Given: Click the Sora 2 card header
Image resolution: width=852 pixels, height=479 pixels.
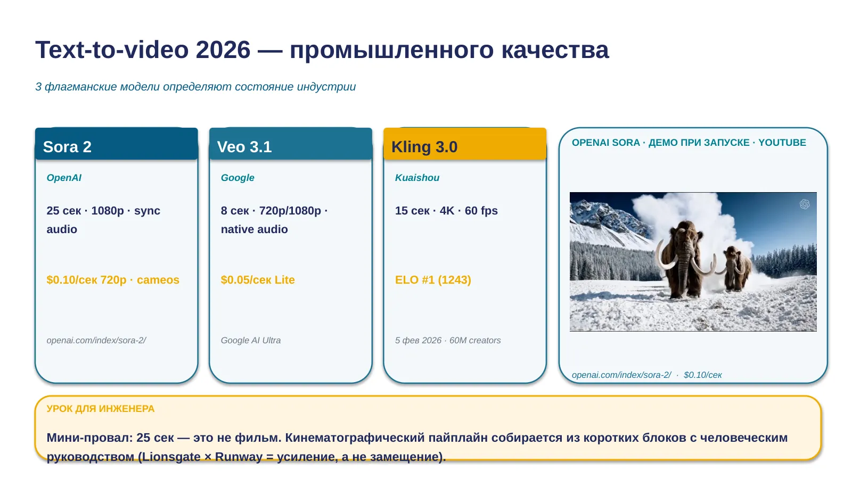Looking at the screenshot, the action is (x=117, y=144).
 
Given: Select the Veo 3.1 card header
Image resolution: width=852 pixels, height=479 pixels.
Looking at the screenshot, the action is (x=291, y=144).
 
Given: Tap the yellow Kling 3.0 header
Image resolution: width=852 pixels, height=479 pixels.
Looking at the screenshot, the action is (x=465, y=144).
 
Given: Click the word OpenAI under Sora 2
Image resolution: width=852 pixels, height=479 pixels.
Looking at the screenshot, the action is (x=64, y=178).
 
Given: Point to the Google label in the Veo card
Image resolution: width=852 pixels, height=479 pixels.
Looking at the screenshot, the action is (x=237, y=178).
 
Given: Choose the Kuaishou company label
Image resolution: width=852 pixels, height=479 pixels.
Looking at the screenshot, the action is (x=417, y=178).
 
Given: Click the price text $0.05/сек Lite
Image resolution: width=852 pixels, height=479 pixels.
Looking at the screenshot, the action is (x=258, y=280).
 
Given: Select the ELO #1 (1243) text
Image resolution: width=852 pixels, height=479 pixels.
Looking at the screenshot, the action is (x=433, y=280).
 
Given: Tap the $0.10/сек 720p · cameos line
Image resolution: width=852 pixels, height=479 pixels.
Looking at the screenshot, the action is (x=112, y=280).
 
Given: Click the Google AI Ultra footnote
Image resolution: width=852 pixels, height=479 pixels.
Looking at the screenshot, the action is (x=251, y=340).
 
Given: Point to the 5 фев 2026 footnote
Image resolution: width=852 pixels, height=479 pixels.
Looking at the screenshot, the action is (x=418, y=340).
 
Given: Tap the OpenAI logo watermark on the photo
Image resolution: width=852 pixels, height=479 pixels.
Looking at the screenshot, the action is (x=805, y=204).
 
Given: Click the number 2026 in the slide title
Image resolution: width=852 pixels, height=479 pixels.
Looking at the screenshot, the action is (x=223, y=50).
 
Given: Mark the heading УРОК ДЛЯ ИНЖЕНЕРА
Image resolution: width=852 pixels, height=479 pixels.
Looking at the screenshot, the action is (x=101, y=409).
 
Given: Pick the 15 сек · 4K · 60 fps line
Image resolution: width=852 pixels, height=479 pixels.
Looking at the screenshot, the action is (x=446, y=211).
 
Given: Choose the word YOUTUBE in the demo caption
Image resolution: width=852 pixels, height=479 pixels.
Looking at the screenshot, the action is (x=782, y=143).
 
